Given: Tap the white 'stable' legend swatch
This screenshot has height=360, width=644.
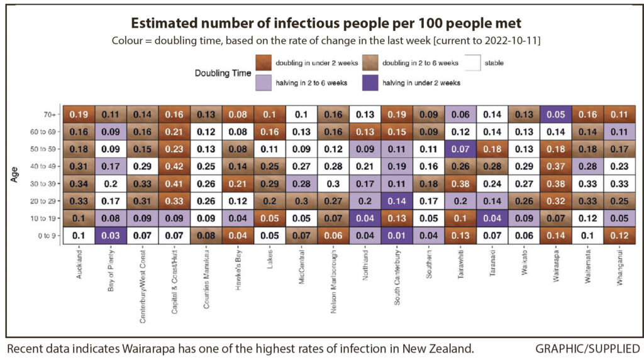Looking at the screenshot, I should click(x=477, y=64).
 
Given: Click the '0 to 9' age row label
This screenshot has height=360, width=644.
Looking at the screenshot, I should click(x=46, y=235).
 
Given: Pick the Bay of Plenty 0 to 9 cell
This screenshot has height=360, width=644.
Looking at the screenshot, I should click(x=111, y=235).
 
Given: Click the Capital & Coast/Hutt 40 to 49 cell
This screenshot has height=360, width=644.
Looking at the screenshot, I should click(x=175, y=166).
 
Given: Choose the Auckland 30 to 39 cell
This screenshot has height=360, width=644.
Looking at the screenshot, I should click(x=79, y=183).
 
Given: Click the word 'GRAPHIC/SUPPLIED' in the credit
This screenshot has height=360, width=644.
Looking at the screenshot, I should click(x=588, y=348).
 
